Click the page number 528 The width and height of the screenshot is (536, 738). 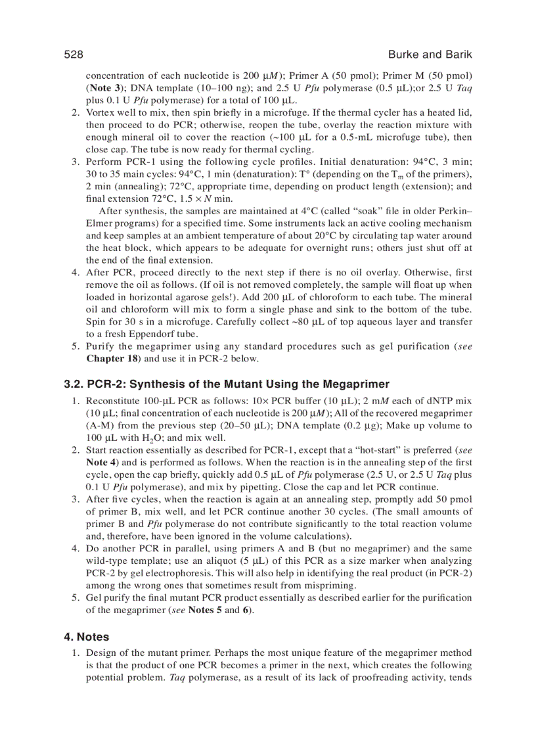point(73,55)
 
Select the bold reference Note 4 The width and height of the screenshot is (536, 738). point(100,463)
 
